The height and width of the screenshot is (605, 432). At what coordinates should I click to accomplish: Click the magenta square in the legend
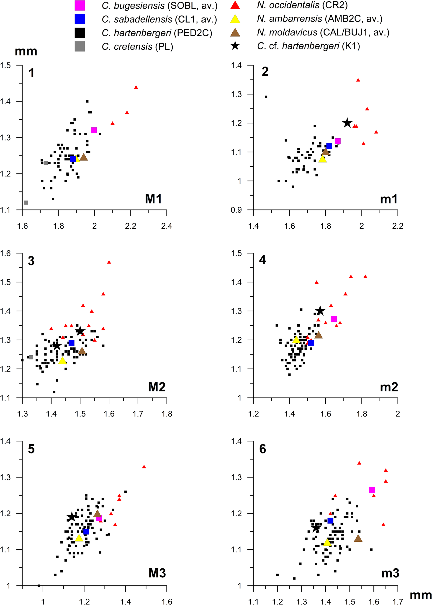(x=80, y=6)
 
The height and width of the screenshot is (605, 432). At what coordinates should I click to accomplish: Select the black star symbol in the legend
(x=235, y=46)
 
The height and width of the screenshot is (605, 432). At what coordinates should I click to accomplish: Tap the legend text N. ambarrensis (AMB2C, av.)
(x=319, y=19)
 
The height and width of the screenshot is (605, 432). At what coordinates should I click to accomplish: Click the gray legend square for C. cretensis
(x=80, y=46)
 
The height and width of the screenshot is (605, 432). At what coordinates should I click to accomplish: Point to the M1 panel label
(x=153, y=199)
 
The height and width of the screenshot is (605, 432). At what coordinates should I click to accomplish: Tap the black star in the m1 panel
(x=347, y=123)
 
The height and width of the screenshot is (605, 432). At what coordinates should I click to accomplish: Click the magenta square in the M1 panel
(x=94, y=130)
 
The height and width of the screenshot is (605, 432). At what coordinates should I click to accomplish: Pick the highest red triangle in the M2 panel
(x=109, y=262)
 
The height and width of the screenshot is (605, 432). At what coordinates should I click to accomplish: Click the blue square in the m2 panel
(x=311, y=343)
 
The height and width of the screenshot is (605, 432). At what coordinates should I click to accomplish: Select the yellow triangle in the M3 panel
(x=79, y=538)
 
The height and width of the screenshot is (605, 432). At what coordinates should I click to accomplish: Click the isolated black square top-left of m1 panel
(x=266, y=97)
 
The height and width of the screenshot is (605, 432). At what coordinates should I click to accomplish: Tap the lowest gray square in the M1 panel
(x=26, y=203)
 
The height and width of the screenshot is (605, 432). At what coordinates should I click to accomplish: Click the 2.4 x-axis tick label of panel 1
(x=167, y=226)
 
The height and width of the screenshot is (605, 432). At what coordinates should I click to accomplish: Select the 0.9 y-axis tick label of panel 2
(x=236, y=210)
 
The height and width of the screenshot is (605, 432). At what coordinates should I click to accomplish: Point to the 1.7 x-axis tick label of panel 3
(x=138, y=414)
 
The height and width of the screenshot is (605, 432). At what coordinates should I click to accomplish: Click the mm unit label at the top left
(x=26, y=51)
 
